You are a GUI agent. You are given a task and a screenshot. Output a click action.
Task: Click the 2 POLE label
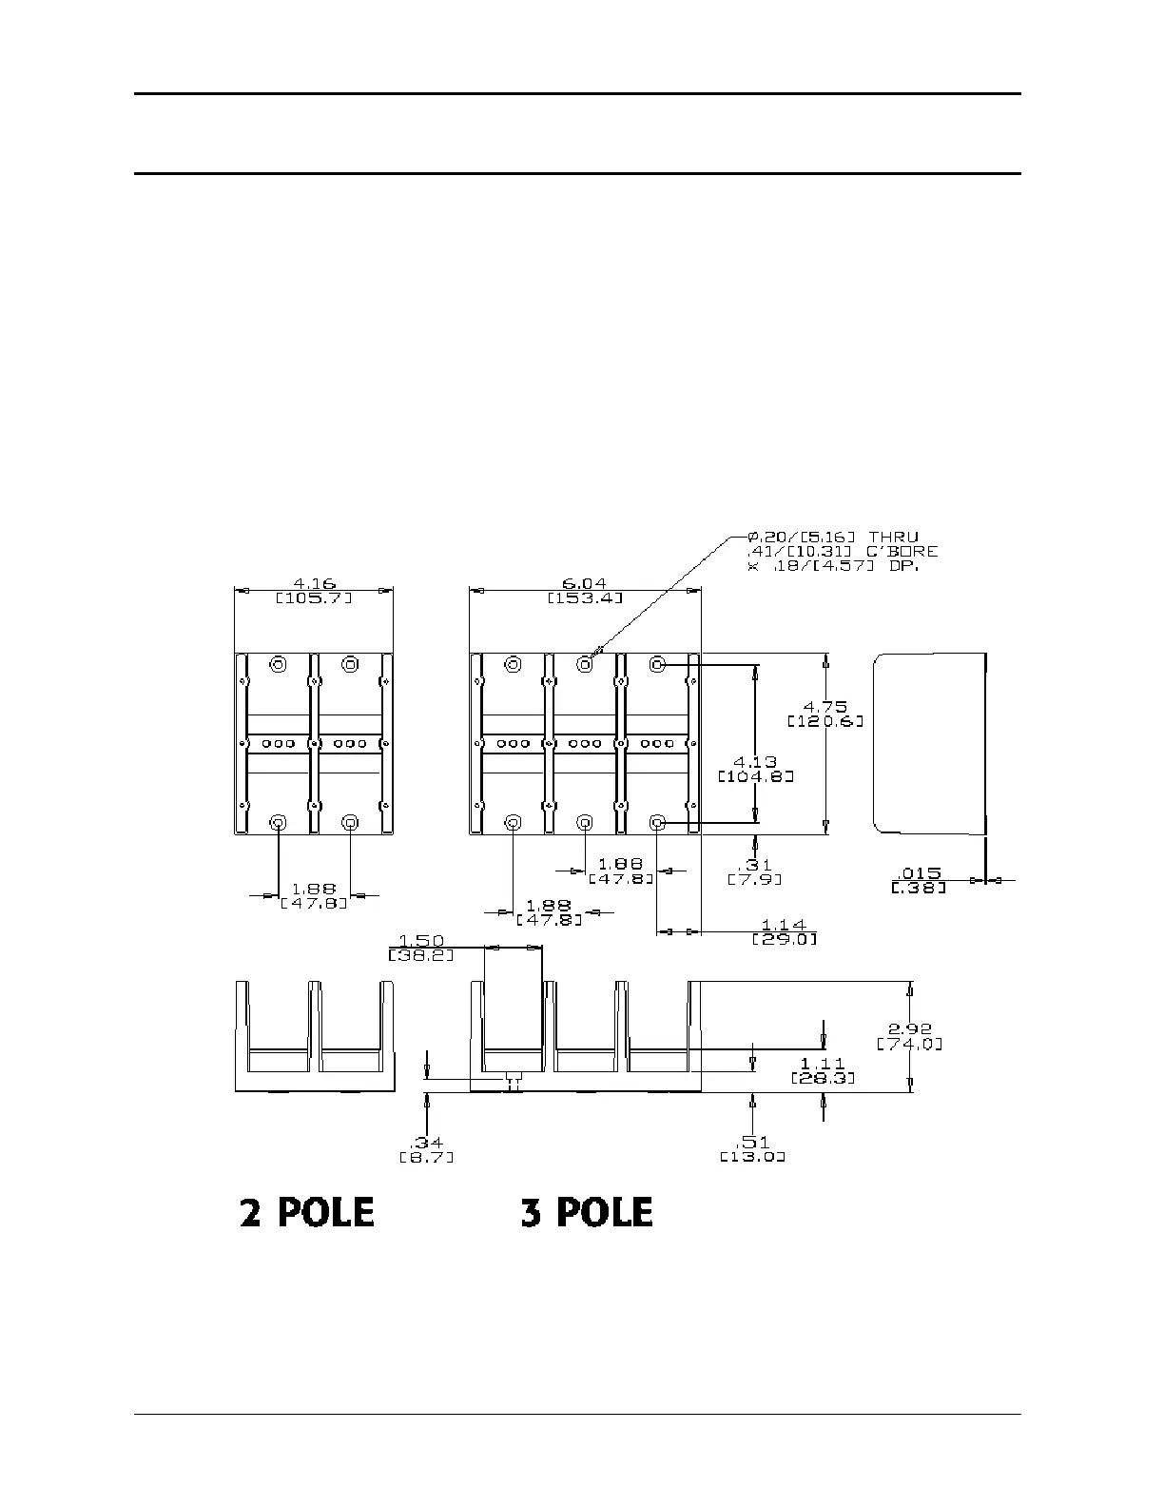[306, 1212]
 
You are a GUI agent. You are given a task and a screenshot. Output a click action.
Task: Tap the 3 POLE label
[587, 1212]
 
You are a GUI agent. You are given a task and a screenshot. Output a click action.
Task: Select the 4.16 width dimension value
[314, 583]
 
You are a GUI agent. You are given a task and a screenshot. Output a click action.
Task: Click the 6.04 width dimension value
[585, 583]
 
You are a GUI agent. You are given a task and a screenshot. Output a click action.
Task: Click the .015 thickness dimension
[919, 873]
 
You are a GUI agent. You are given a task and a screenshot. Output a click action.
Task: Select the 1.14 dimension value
[784, 925]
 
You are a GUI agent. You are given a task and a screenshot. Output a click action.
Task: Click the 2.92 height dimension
[910, 1028]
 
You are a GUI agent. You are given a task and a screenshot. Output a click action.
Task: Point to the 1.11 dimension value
[823, 1063]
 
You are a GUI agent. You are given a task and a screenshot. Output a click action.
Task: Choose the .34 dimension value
[426, 1143]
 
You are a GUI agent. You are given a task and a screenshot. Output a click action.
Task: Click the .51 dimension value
[752, 1143]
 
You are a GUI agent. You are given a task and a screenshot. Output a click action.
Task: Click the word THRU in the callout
[893, 538]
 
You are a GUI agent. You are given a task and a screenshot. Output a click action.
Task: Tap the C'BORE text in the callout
[899, 551]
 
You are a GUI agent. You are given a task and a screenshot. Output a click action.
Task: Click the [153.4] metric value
[585, 597]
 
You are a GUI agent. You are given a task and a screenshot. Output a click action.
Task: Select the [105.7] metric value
[314, 597]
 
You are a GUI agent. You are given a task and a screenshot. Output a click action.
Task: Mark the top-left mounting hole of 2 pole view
[279, 664]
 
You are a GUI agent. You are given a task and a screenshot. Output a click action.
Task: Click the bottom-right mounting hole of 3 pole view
[657, 822]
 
